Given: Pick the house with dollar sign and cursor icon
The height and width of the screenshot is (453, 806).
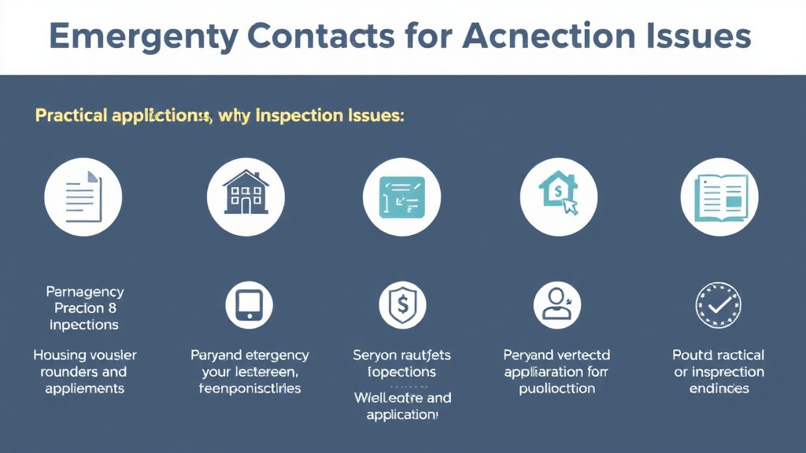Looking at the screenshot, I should click(559, 195).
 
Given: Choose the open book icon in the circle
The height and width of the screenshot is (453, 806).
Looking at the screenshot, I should click(719, 195).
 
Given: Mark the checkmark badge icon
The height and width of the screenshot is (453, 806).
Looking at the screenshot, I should click(719, 305).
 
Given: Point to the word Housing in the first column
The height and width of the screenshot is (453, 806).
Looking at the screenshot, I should click(60, 355).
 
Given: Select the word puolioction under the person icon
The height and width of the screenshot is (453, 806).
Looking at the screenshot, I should click(556, 388).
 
